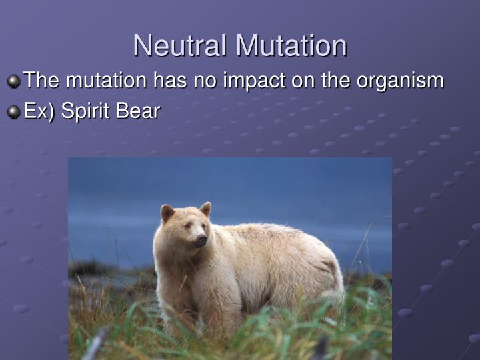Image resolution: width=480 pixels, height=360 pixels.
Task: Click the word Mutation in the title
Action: coord(291,46)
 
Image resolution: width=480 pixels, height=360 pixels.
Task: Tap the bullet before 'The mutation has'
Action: coord(14,81)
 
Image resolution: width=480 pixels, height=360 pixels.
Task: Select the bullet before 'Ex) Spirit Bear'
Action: coord(14,112)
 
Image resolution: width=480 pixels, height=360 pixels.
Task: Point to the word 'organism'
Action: coord(400,81)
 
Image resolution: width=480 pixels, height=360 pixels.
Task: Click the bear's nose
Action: coord(201,239)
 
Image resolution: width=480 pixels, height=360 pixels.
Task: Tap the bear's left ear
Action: coord(205,209)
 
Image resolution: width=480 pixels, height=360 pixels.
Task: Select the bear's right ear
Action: coord(167,213)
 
